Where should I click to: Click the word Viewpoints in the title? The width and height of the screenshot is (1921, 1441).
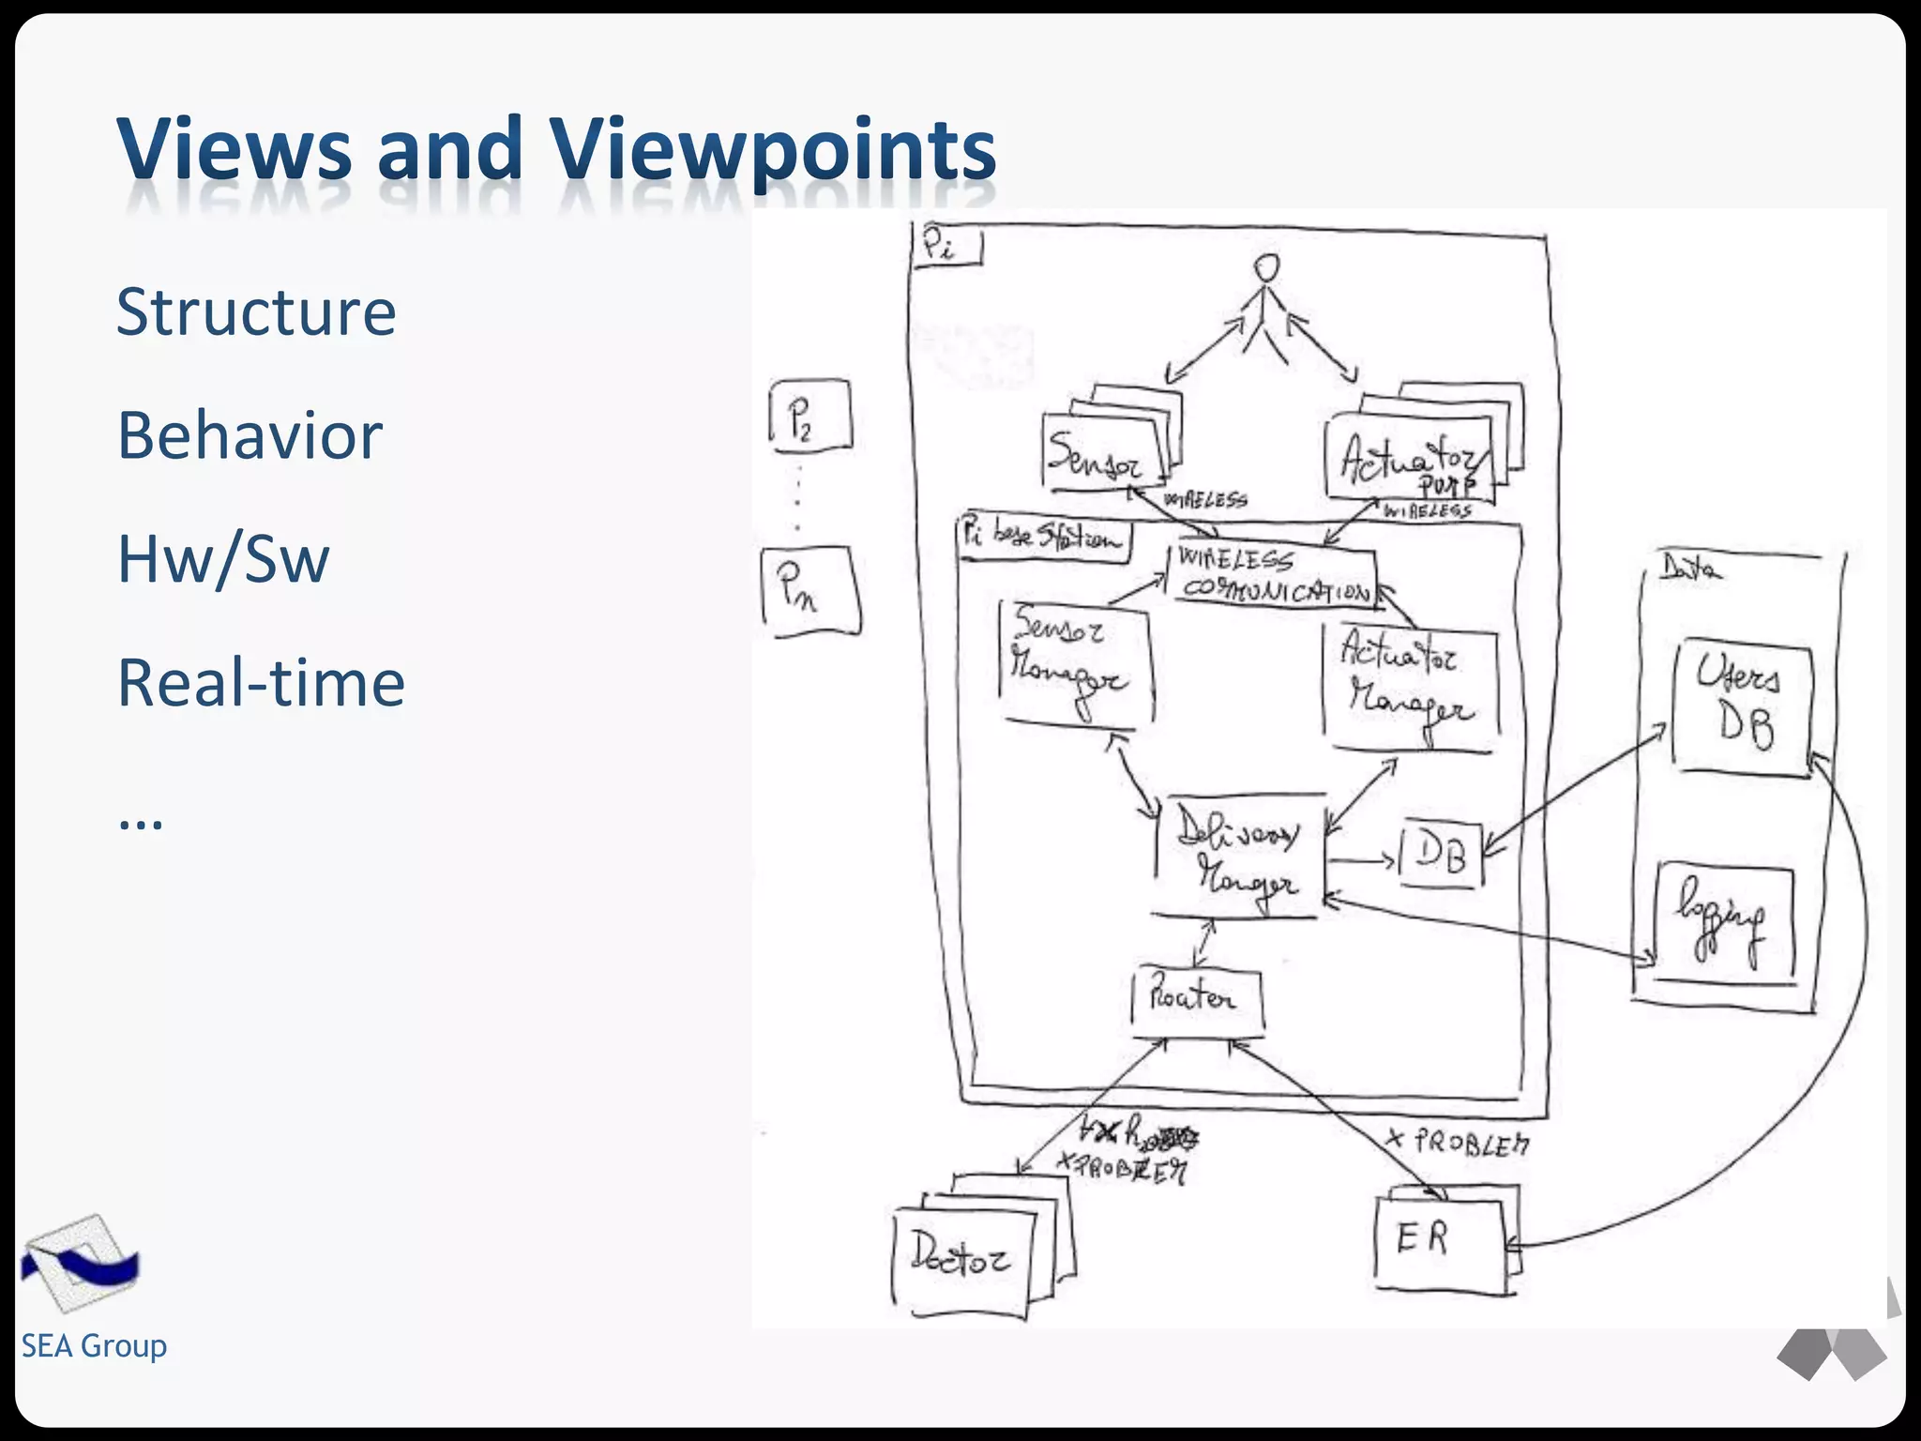tap(771, 150)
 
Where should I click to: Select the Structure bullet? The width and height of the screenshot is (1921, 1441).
tap(256, 311)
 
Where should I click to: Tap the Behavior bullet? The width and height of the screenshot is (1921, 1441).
tap(250, 435)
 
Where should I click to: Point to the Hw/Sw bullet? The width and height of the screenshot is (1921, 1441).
tap(223, 559)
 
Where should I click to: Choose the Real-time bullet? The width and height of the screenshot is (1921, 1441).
tap(261, 682)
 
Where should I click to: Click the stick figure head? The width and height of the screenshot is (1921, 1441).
tap(1267, 269)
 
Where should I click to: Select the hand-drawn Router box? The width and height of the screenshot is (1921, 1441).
tap(1196, 1000)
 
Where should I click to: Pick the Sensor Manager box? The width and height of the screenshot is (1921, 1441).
tap(1075, 662)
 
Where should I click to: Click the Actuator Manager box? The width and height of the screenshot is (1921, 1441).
tap(1409, 685)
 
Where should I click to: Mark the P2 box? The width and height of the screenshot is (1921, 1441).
tap(809, 416)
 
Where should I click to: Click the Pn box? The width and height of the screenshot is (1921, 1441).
tap(810, 593)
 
